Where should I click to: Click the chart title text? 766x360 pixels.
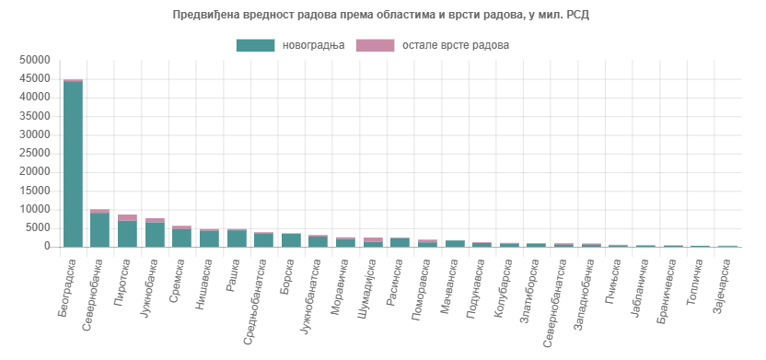point(382,15)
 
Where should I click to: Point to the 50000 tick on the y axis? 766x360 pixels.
point(34,60)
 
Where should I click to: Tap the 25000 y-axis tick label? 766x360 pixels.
point(34,154)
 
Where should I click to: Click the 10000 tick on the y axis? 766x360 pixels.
point(34,210)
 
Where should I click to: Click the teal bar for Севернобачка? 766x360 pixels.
point(99,230)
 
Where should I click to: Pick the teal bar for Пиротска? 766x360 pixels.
point(127,234)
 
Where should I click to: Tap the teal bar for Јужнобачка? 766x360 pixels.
point(155,235)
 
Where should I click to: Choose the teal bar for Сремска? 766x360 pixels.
point(181,238)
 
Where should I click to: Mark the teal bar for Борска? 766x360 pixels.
point(291,240)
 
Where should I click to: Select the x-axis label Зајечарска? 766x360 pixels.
point(724,285)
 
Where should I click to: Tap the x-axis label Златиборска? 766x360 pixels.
point(533,287)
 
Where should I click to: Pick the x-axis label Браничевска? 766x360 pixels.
point(669,288)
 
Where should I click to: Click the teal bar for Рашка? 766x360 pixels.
point(237,238)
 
